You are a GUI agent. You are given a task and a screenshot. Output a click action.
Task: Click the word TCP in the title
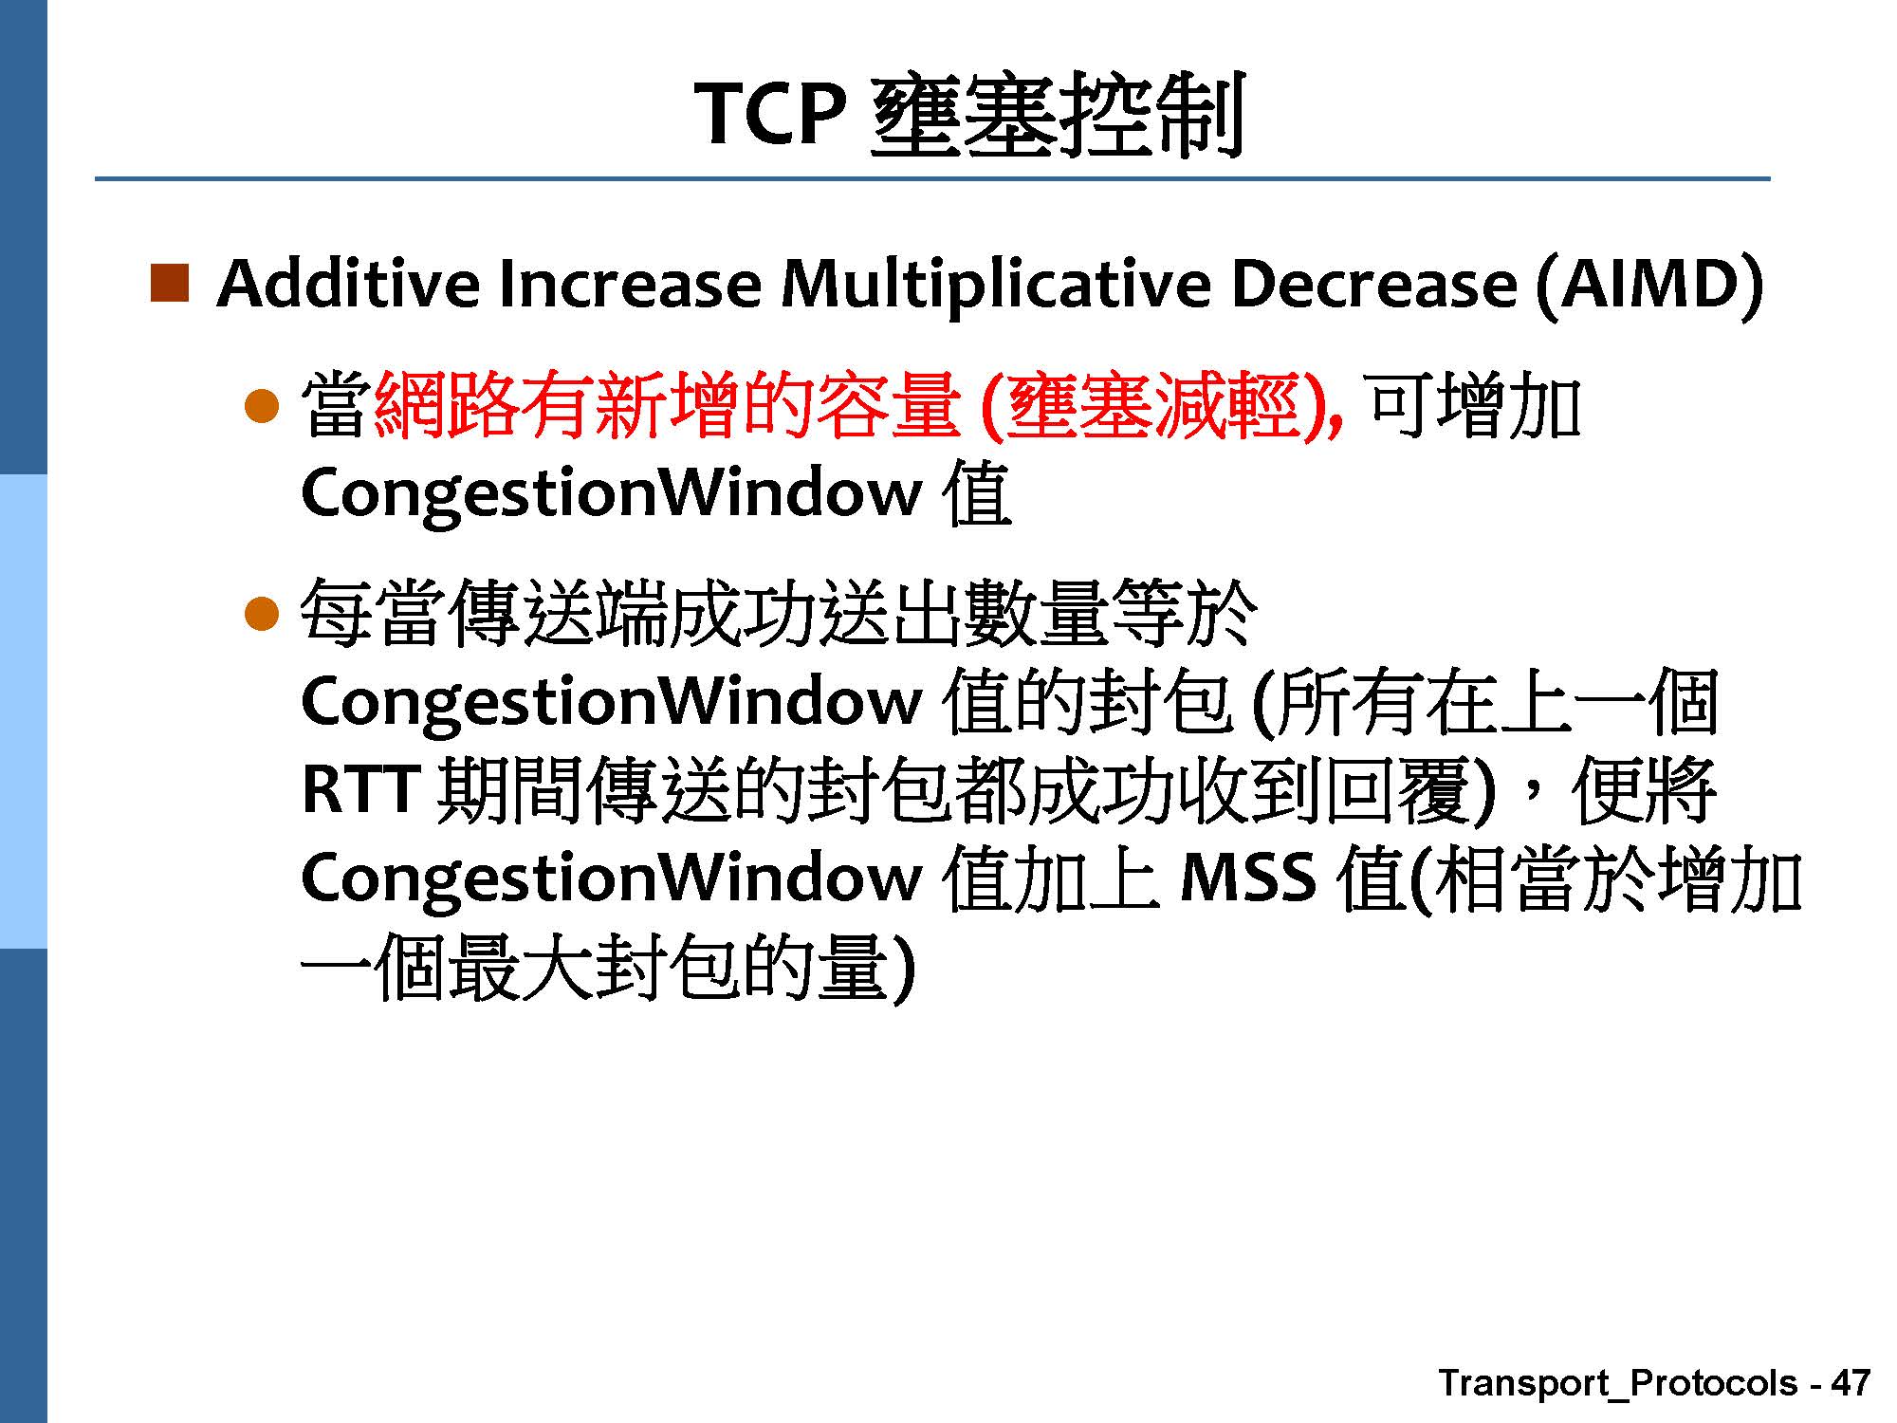click(x=770, y=114)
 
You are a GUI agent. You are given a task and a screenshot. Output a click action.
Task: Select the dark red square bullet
click(x=169, y=284)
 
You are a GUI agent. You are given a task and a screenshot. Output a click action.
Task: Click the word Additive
click(x=348, y=284)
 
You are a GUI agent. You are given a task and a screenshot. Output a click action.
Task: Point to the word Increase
click(x=629, y=285)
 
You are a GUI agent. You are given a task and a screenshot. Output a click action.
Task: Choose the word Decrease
click(x=1373, y=285)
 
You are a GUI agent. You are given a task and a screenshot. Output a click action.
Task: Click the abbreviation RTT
click(x=360, y=788)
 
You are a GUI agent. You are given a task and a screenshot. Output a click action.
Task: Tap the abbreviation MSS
click(x=1248, y=877)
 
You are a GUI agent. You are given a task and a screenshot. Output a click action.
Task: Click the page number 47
click(x=1850, y=1382)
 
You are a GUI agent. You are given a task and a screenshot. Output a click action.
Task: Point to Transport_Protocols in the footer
click(x=1618, y=1384)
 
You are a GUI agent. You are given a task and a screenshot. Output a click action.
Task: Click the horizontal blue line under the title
click(x=932, y=178)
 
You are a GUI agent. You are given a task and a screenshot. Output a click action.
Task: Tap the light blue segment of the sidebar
click(x=23, y=711)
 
